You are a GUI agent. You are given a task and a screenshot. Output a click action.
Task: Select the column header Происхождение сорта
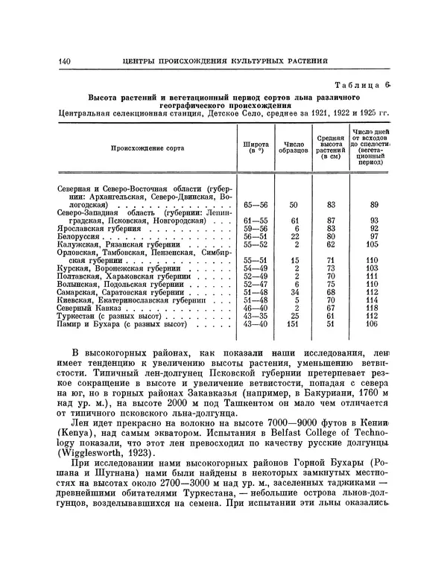tap(142, 148)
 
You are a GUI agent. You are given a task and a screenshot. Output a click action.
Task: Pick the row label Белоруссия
tap(79, 236)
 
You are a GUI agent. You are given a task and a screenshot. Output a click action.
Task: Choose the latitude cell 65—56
tap(256, 204)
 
